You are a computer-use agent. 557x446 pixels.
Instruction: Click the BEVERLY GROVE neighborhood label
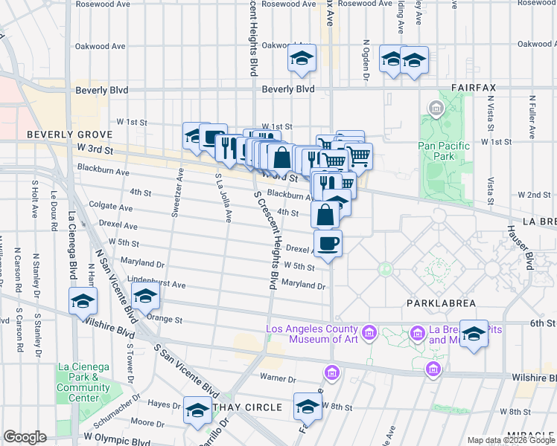click(x=59, y=135)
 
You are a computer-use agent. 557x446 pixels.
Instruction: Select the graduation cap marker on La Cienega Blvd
click(x=83, y=300)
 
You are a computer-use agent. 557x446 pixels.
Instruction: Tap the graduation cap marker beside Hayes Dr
click(x=197, y=411)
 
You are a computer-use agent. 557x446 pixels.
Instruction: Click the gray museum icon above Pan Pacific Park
click(x=434, y=110)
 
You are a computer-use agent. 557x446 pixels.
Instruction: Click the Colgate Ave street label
click(x=106, y=204)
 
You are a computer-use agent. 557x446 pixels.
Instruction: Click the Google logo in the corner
click(x=25, y=437)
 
